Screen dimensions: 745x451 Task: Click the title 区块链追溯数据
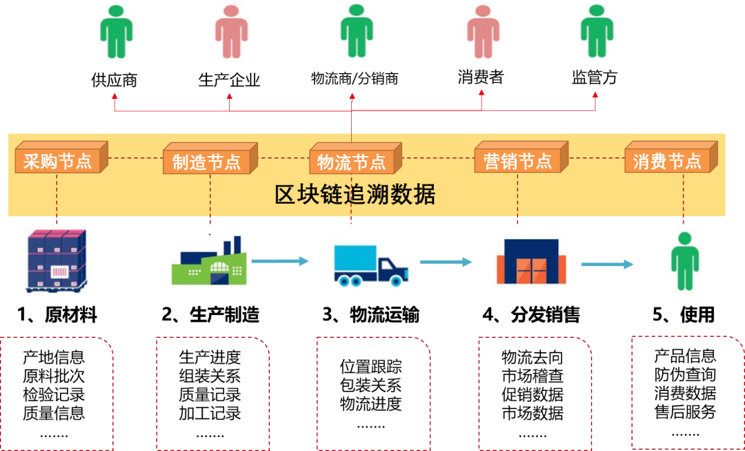point(355,195)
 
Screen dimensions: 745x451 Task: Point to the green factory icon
point(210,260)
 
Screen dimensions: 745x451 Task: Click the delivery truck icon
point(371,265)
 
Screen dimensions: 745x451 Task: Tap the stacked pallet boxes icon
point(57,260)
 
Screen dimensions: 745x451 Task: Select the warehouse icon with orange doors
point(531,263)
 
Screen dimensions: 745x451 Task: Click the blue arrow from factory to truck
point(280,260)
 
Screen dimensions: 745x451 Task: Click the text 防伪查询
point(685,374)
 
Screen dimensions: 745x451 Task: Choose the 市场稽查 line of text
point(533,376)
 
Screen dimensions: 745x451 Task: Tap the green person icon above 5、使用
point(684,260)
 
